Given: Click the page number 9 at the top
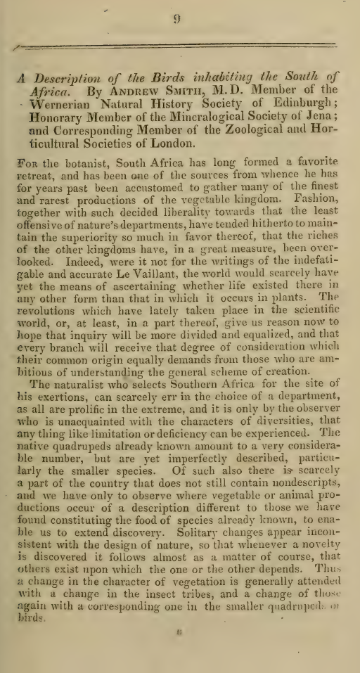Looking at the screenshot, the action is (176, 20).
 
